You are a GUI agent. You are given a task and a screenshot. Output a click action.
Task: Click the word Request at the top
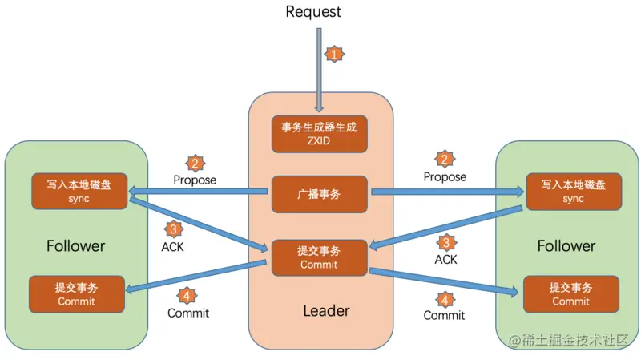(x=312, y=11)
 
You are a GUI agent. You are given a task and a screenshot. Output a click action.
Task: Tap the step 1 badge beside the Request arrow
(x=334, y=55)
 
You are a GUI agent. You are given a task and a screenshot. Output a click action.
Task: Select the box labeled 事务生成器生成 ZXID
(x=319, y=133)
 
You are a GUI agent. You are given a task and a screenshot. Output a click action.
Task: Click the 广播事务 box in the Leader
(x=319, y=194)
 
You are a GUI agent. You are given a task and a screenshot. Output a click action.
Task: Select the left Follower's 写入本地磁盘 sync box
(x=79, y=190)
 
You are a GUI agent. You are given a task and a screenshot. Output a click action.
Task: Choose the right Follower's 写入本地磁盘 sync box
(x=573, y=190)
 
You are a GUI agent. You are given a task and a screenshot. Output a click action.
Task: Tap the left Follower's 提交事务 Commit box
(x=76, y=293)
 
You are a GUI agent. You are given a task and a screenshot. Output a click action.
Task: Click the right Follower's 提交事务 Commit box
(x=570, y=293)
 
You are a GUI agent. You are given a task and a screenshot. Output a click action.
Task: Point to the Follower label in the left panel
(x=75, y=245)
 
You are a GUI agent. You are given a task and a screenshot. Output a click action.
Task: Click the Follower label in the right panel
(x=566, y=245)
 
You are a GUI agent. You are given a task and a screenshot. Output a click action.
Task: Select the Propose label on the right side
(x=445, y=176)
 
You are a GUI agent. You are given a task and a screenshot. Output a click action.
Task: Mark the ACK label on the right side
(x=445, y=259)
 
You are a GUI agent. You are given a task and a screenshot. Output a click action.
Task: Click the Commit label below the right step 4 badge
(x=444, y=315)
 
